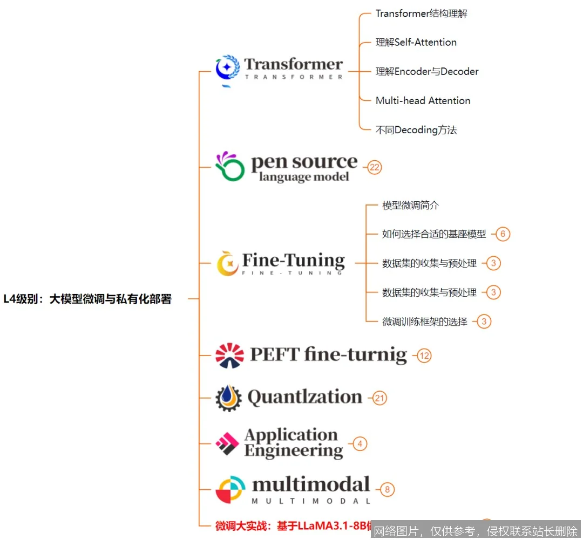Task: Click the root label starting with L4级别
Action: (87, 299)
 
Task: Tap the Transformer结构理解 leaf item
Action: (421, 13)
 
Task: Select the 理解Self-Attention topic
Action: (416, 43)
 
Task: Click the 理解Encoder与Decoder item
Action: (426, 72)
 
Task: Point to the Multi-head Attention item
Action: (423, 101)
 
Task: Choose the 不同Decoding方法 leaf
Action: (416, 130)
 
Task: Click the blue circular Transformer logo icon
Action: (227, 69)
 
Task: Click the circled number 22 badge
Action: (375, 168)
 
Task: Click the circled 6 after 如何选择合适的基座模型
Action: (503, 234)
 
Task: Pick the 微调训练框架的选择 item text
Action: (424, 322)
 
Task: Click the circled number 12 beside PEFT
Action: (424, 356)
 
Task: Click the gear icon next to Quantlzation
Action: (228, 398)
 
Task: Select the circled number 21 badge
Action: (380, 398)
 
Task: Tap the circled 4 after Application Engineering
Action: (360, 444)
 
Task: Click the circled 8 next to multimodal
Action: (387, 490)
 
